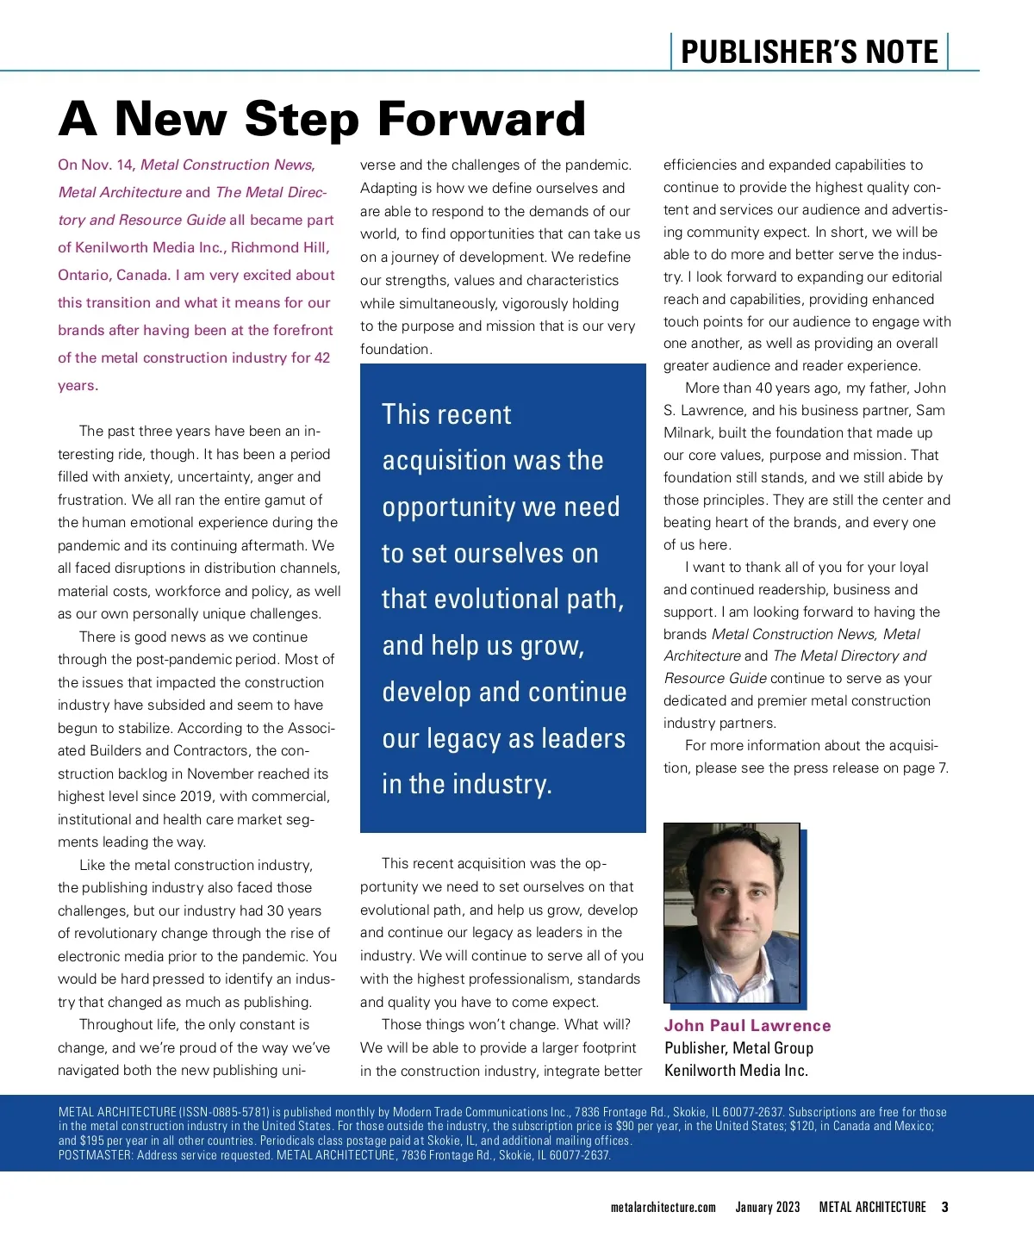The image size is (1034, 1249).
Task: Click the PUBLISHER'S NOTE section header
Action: coord(809,53)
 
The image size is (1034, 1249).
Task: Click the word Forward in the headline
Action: coord(482,119)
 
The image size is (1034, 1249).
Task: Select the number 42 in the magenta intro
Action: coord(322,358)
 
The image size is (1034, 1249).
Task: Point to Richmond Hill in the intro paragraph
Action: coord(280,248)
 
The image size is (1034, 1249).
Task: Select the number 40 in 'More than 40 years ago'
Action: coord(763,388)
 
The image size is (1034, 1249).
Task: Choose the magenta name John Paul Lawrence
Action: coord(747,1026)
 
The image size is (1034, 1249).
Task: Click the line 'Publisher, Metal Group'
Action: coord(738,1048)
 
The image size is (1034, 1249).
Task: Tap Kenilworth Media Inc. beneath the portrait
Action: coord(736,1071)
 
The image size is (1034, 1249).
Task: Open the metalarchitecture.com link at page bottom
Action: coord(663,1208)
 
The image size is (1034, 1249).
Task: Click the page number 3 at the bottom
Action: coord(944,1208)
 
